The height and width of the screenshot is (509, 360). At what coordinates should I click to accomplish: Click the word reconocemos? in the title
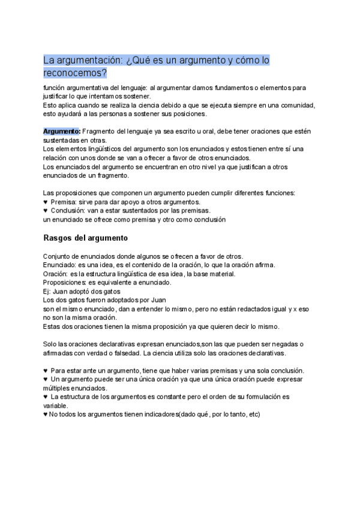[x=76, y=73]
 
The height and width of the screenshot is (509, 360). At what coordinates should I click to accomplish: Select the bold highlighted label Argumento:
[x=61, y=131]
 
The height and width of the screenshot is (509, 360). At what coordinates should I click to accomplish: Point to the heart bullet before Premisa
[x=46, y=202]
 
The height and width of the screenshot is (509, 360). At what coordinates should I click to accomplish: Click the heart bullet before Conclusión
[x=46, y=211]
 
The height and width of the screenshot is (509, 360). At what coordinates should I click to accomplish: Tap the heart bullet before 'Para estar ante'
[x=46, y=370]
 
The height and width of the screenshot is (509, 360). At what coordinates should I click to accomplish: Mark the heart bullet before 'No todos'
[x=46, y=414]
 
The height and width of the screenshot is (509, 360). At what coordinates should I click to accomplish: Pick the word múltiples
[x=58, y=388]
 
